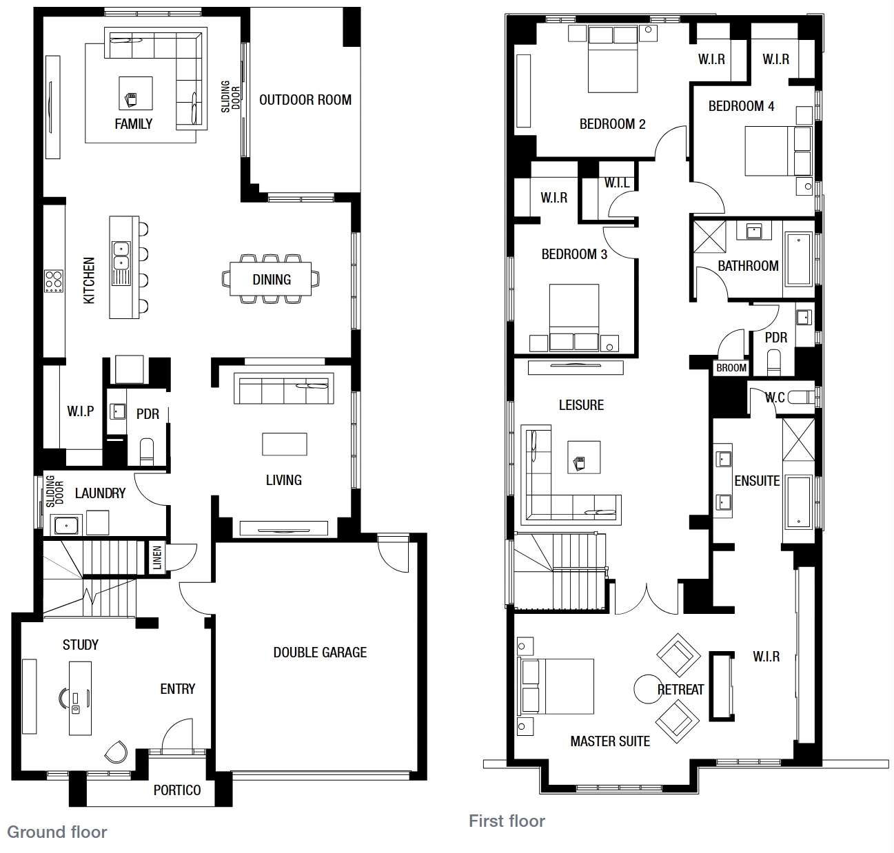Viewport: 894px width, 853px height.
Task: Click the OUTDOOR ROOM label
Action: pyautogui.click(x=305, y=100)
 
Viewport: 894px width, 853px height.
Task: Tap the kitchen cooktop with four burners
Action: pyautogui.click(x=54, y=281)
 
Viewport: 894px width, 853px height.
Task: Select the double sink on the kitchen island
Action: pyautogui.click(x=121, y=256)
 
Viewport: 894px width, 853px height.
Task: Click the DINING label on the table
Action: pyautogui.click(x=272, y=280)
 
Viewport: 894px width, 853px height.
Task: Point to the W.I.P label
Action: pyautogui.click(x=81, y=411)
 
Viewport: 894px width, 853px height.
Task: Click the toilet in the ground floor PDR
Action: pyautogui.click(x=146, y=451)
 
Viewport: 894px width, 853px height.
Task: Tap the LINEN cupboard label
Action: pyautogui.click(x=157, y=557)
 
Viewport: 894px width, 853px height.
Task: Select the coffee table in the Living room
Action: pyautogui.click(x=285, y=444)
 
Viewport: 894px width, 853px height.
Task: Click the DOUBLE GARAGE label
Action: pyautogui.click(x=320, y=652)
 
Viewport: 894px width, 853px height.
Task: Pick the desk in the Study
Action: pyautogui.click(x=80, y=698)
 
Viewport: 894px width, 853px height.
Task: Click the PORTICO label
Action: pyautogui.click(x=177, y=790)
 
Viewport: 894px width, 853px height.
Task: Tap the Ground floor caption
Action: pyautogui.click(x=57, y=832)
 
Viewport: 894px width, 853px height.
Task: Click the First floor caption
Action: pyautogui.click(x=507, y=821)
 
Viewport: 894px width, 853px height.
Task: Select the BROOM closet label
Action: pyautogui.click(x=731, y=368)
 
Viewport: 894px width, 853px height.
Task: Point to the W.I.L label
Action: pyautogui.click(x=617, y=183)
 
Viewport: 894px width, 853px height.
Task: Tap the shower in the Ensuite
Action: pyautogui.click(x=798, y=439)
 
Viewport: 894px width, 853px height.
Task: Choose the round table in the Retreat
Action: pyautogui.click(x=649, y=689)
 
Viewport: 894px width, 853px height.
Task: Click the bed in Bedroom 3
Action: pyautogui.click(x=574, y=318)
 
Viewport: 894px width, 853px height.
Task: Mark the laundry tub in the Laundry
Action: pyautogui.click(x=66, y=526)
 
